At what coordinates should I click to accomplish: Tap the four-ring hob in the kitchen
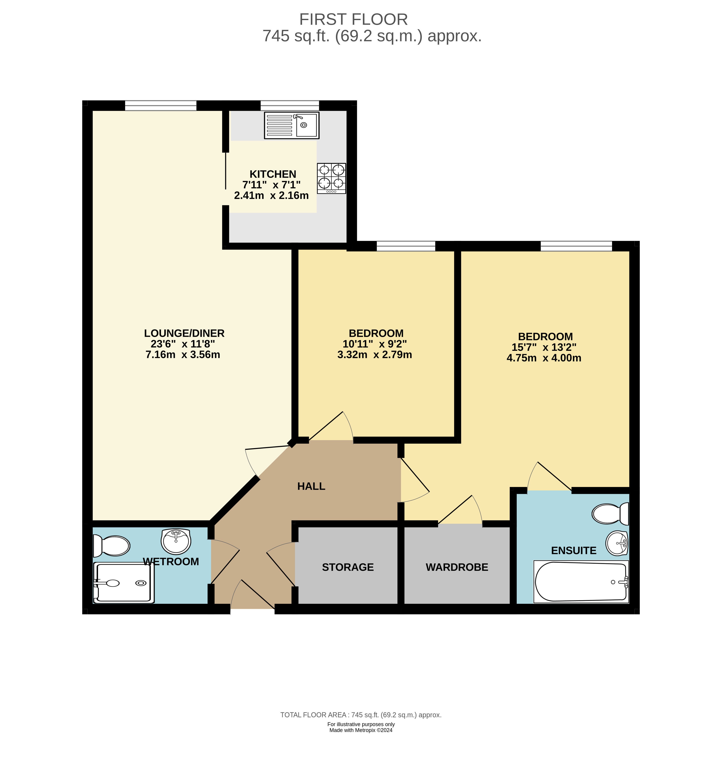click(x=331, y=178)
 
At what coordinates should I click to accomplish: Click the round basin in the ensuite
click(x=617, y=543)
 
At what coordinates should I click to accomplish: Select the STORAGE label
click(x=348, y=567)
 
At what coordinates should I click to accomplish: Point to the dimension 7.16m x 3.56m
click(x=183, y=355)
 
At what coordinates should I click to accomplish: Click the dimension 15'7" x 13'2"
click(x=544, y=347)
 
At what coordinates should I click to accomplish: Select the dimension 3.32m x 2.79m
click(x=374, y=355)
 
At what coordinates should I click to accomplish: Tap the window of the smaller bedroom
click(x=406, y=246)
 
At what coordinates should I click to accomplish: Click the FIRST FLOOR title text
click(x=353, y=19)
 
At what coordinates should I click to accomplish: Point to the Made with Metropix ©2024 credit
click(x=361, y=730)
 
